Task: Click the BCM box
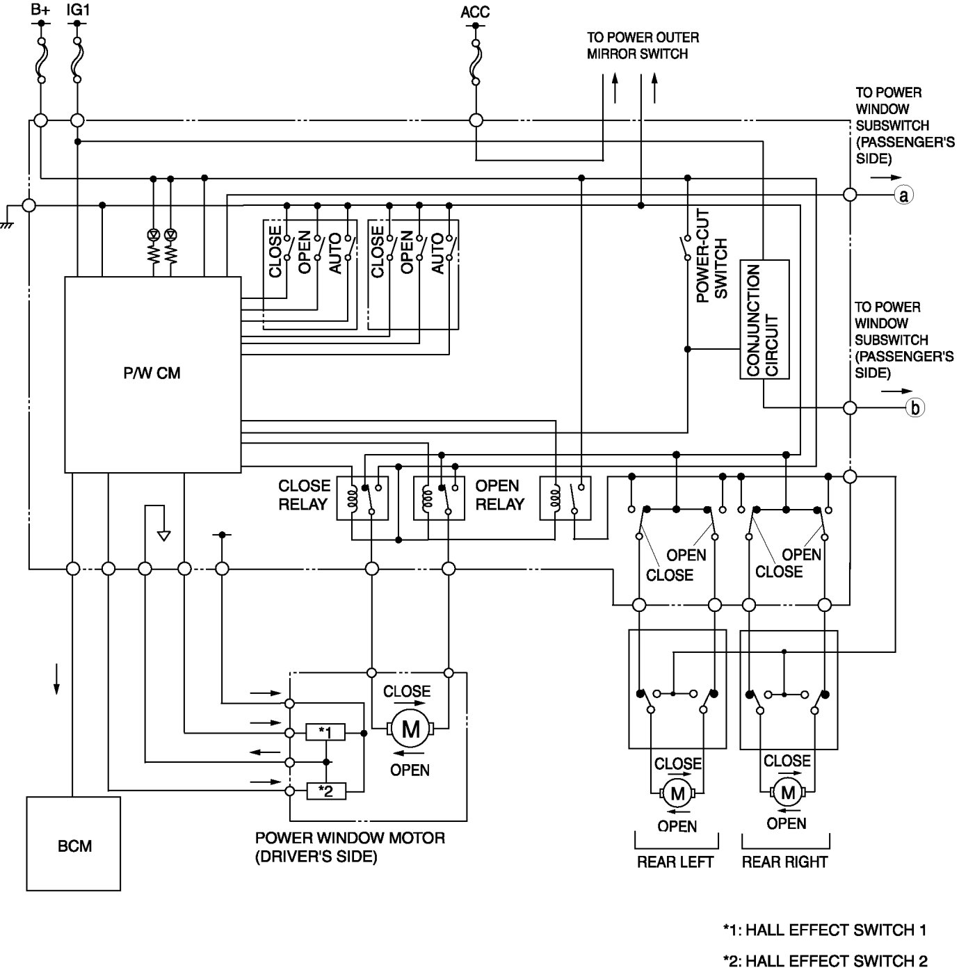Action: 74,843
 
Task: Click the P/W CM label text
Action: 152,373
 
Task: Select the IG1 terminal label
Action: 77,10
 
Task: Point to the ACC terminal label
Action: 475,12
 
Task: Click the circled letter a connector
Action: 903,195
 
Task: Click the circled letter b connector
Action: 914,408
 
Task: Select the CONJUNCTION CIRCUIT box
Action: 764,320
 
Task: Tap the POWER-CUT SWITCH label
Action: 711,256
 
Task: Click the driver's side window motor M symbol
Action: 410,729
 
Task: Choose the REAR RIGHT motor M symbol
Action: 787,792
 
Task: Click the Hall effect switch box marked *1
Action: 325,732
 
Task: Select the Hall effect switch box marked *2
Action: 325,791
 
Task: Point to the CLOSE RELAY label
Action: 304,494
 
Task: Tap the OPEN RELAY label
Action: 499,494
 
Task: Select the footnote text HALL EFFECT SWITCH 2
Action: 825,961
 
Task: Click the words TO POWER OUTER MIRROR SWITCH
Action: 642,45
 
